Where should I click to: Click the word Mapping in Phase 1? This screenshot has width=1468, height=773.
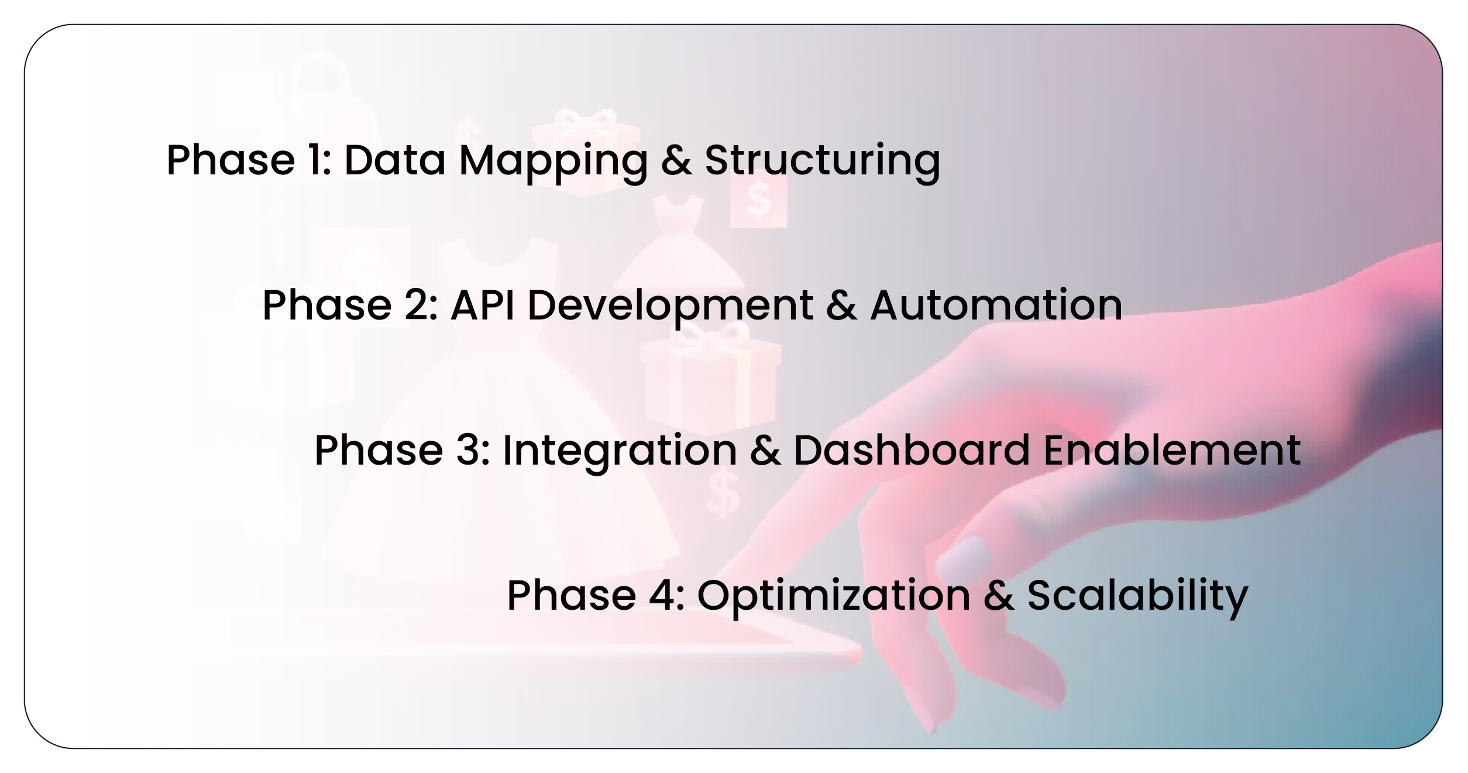(x=553, y=160)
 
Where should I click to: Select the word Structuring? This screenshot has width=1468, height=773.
(x=822, y=160)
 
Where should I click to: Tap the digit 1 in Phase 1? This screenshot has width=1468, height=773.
(x=317, y=159)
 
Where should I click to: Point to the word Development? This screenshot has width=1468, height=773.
(x=671, y=307)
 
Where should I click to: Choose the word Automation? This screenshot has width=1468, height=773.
(x=996, y=305)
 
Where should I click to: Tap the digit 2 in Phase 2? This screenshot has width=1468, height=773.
(x=417, y=305)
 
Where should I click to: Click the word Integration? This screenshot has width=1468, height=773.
(x=620, y=451)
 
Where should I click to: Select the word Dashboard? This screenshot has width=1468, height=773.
(x=911, y=450)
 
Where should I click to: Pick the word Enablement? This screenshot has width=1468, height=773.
(x=1172, y=450)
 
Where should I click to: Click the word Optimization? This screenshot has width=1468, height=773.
(x=834, y=597)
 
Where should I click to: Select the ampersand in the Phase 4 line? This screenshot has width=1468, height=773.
(x=999, y=596)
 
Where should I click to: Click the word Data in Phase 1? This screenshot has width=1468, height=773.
(x=395, y=159)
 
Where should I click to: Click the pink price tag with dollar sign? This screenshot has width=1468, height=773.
(x=758, y=198)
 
